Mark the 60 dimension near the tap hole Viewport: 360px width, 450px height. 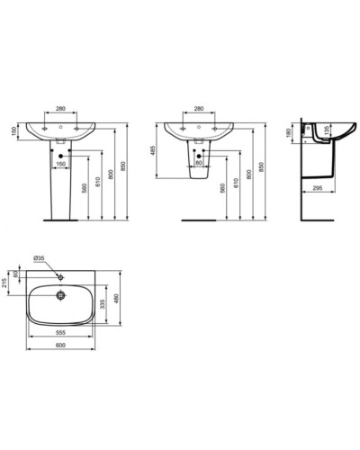pos(17,272)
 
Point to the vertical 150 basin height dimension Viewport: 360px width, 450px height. pos(13,131)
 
